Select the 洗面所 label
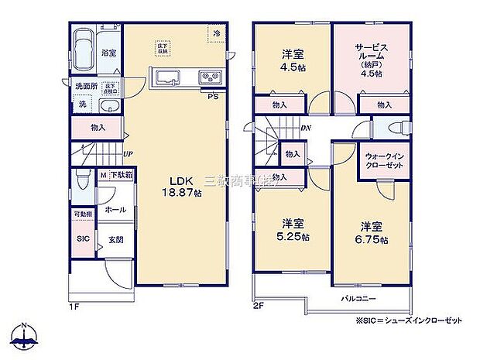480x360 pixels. pyautogui.click(x=84, y=86)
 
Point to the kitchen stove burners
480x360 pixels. pyautogui.click(x=209, y=77)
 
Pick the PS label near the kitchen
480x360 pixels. pyautogui.click(x=211, y=96)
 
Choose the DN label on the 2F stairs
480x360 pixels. pyautogui.click(x=306, y=129)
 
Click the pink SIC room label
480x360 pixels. pyautogui.click(x=83, y=239)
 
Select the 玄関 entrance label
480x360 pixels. pyautogui.click(x=115, y=239)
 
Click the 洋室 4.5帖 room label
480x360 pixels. pyautogui.click(x=291, y=60)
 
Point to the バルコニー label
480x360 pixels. pyautogui.click(x=356, y=297)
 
